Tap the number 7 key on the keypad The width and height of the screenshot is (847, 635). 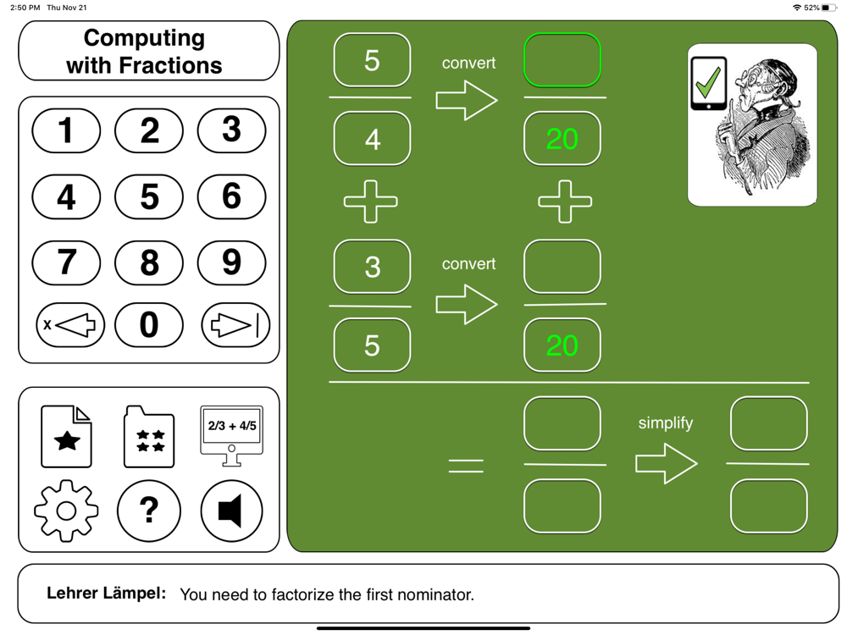point(66,262)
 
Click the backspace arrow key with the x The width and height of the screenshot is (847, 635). point(69,325)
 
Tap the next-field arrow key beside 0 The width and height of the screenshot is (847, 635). point(235,325)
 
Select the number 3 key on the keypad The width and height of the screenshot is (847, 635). point(231,130)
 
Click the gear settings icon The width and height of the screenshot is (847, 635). point(66,510)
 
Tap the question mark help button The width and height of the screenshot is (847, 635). point(148,510)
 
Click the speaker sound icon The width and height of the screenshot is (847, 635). point(231,511)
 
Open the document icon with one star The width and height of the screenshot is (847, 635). point(66,437)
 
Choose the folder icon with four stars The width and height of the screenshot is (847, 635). point(149,437)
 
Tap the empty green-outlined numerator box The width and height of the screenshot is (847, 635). point(562,60)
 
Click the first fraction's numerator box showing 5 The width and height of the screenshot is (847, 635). point(372,60)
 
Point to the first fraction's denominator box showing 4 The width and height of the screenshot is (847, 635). point(372,139)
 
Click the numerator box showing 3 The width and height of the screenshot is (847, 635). point(372,267)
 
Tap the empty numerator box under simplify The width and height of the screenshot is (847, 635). point(768,423)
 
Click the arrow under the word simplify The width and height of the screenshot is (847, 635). point(667,463)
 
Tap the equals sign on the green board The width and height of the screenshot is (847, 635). point(466,465)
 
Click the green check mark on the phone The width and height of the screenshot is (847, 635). point(708,82)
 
